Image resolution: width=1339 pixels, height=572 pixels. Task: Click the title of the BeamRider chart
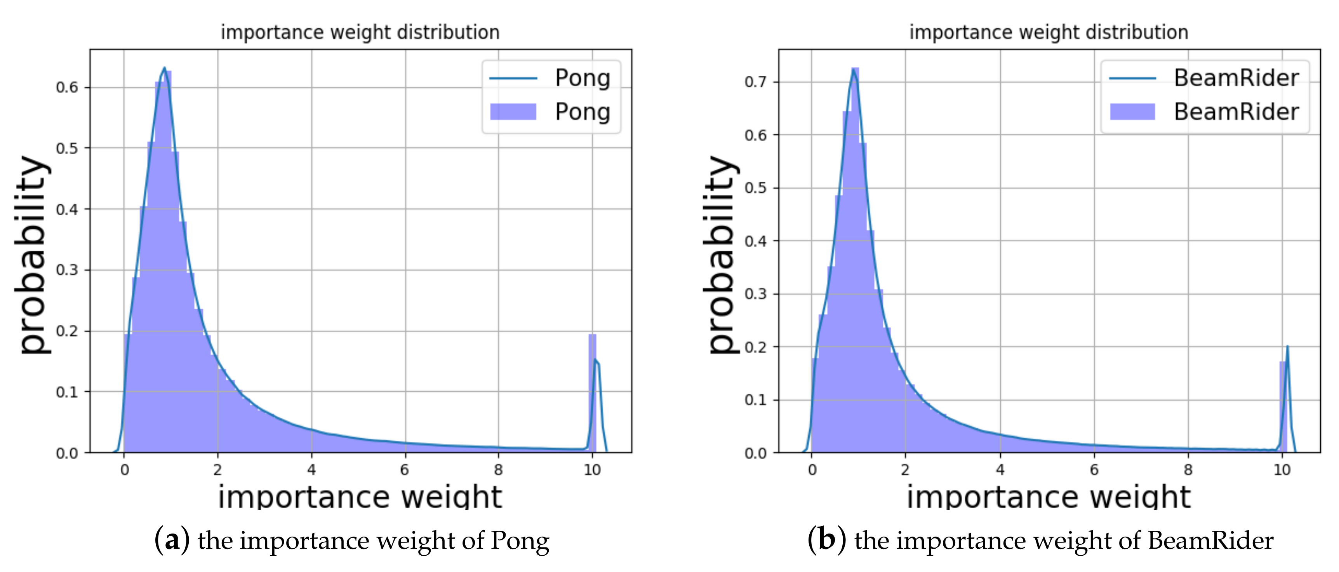(1049, 32)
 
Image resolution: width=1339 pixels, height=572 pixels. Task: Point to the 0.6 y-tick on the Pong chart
(67, 87)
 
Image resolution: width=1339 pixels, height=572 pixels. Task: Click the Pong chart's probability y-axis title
(32, 255)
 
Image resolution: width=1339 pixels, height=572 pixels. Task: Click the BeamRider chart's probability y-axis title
(722, 255)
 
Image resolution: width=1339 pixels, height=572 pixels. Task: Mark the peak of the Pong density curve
(164, 68)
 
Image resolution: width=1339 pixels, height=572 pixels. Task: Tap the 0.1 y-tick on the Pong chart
(67, 392)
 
